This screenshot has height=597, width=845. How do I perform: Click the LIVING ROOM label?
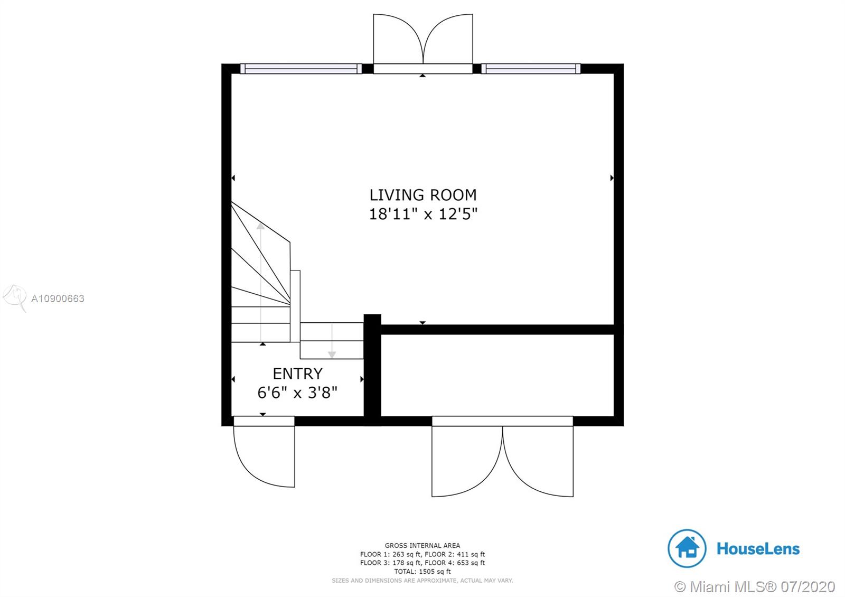coord(423,195)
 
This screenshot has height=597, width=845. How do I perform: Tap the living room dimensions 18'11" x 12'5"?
coord(423,214)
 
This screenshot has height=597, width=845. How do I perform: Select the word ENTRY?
coord(298,374)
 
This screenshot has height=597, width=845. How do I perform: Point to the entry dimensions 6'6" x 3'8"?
coord(297,393)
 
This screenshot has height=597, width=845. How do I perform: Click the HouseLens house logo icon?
coord(687,548)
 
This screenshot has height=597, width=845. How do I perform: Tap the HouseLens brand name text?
coord(758,549)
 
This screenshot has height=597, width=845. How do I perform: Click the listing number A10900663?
coord(58,298)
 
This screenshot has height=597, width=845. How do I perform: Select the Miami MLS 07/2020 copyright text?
coord(755,587)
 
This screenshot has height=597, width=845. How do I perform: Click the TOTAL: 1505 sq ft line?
coord(422,572)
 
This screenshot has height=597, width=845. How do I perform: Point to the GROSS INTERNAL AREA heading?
coord(422,545)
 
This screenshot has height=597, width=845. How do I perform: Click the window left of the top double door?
coord(301,69)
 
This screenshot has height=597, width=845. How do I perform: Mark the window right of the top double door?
coord(531,69)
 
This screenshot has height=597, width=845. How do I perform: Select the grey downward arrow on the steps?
coord(332,340)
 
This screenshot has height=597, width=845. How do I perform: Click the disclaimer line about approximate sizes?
coord(422,581)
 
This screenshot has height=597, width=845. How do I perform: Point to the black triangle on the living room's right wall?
coord(612,178)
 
